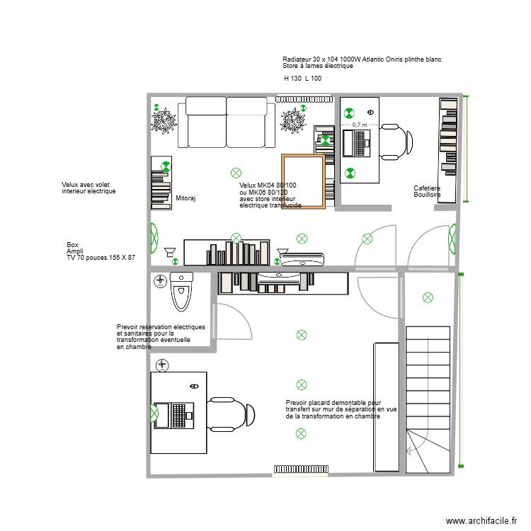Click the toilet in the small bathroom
182,292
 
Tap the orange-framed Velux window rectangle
304,181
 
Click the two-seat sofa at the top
227,122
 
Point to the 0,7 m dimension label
360,124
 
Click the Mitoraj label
185,199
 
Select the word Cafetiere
428,188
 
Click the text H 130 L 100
302,79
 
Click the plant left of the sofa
164,122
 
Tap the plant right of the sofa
292,121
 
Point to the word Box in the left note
72,244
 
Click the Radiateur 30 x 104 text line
361,59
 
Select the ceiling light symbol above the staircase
427,297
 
